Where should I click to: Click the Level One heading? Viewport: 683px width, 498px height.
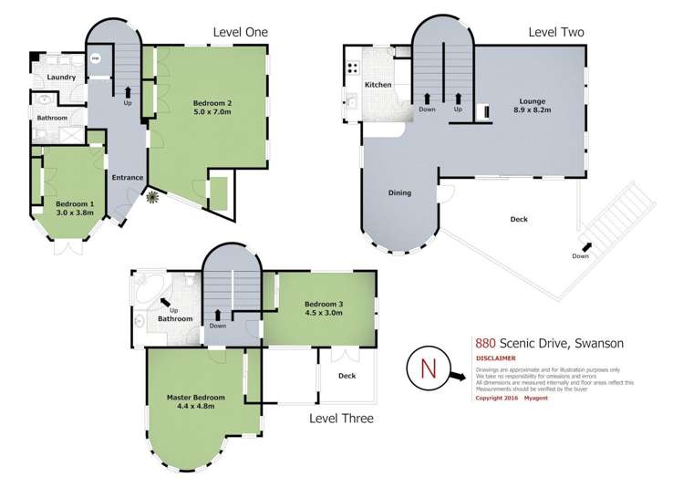click(x=240, y=32)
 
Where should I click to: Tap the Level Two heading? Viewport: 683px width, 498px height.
click(x=556, y=32)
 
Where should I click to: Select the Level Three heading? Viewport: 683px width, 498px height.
click(x=341, y=419)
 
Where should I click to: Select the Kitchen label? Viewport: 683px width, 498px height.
click(x=378, y=85)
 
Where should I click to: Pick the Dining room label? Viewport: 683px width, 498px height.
click(x=399, y=192)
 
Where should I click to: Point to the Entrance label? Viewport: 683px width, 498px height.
click(x=128, y=177)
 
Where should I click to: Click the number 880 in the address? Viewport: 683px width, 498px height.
click(x=485, y=343)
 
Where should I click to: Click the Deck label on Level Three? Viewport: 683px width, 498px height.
click(x=347, y=376)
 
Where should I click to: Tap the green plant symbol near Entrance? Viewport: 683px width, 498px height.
click(x=152, y=196)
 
